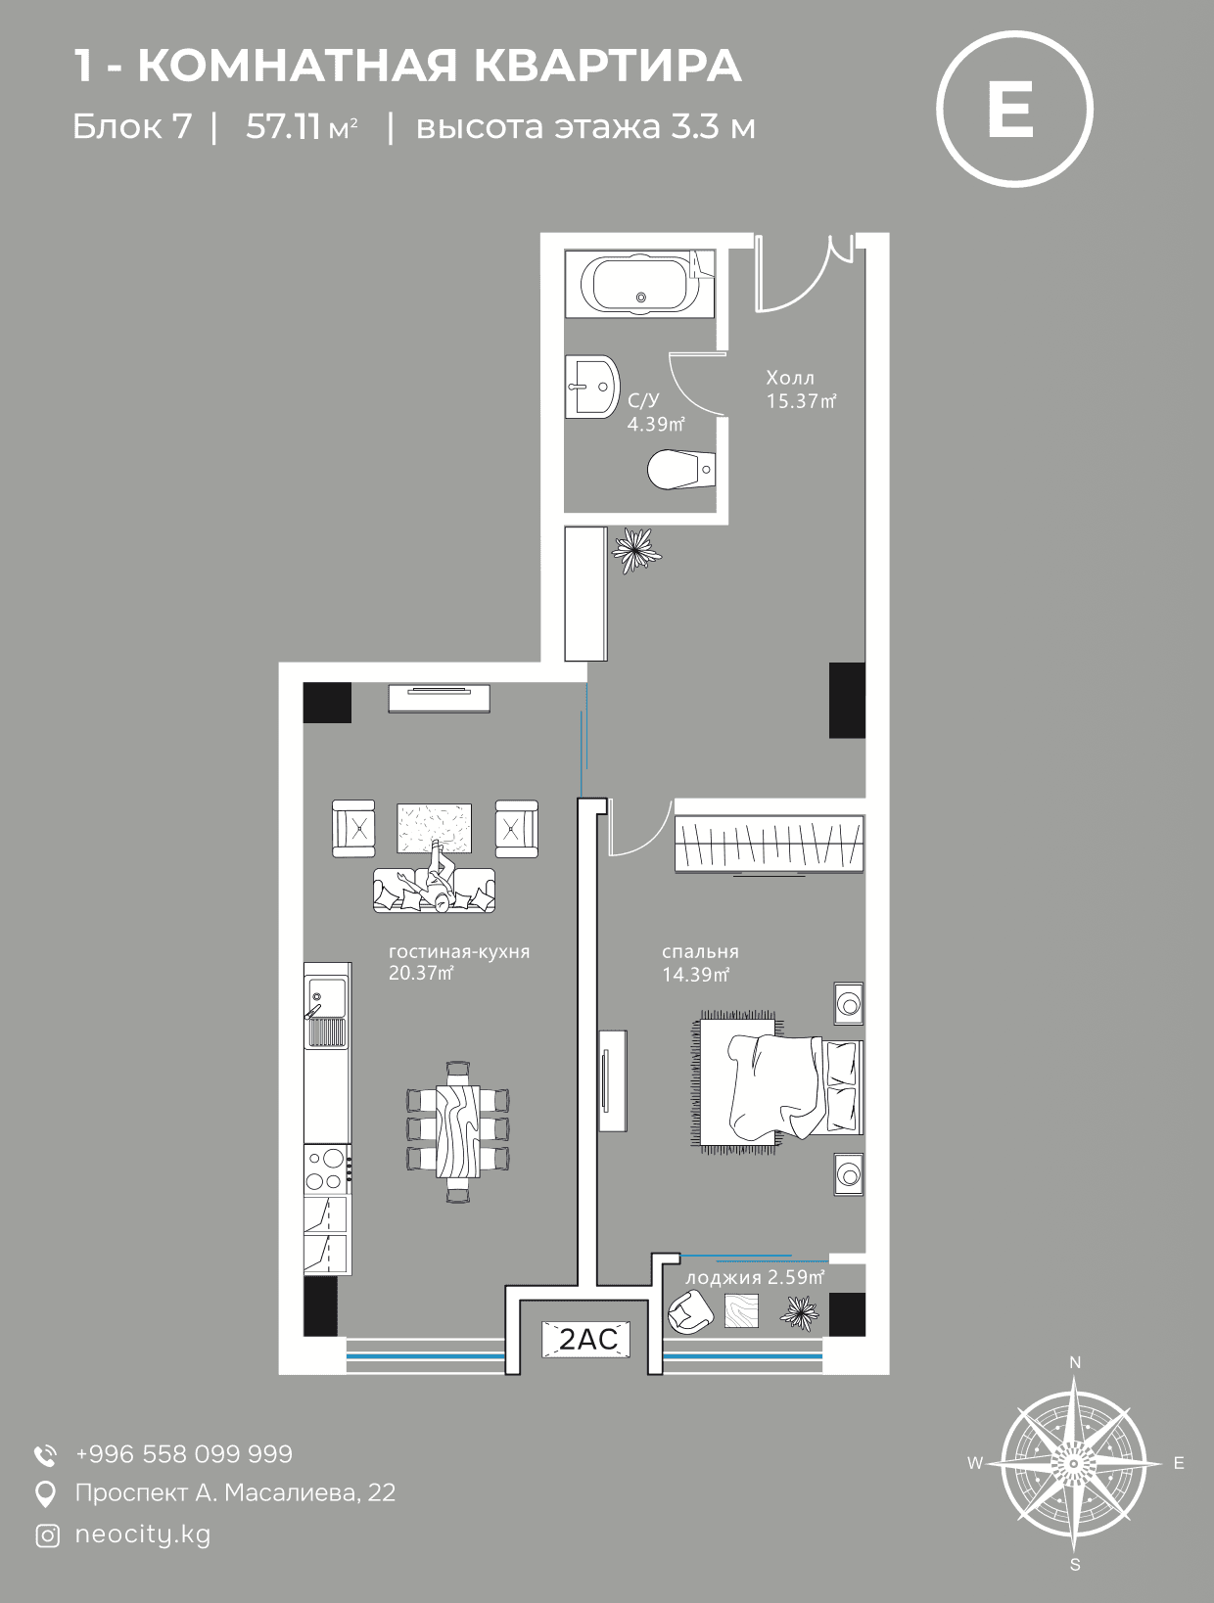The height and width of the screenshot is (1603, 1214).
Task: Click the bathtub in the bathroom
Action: pos(639,284)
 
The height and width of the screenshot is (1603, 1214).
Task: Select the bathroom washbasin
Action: pos(592,387)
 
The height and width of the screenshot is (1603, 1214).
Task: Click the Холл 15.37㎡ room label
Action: pos(801,389)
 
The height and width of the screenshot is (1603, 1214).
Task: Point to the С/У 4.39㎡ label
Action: pos(656,412)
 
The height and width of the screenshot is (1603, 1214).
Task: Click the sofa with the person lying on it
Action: pos(434,890)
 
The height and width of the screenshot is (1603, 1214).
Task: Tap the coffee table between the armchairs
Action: pos(434,828)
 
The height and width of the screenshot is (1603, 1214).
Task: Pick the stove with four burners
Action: pos(327,1169)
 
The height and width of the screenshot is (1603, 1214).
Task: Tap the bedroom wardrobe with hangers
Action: pos(770,844)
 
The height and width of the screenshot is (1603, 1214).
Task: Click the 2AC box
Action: pos(588,1340)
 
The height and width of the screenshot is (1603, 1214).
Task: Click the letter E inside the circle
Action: pos(1012,109)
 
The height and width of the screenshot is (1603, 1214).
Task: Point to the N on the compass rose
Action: pos(1075,1362)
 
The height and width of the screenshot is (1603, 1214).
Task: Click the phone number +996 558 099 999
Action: pos(184,1454)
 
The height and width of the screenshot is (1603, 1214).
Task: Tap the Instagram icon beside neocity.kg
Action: pos(47,1535)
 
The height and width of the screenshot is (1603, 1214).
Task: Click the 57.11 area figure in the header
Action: pos(283,127)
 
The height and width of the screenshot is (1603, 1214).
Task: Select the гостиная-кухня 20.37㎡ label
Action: pos(459,962)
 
